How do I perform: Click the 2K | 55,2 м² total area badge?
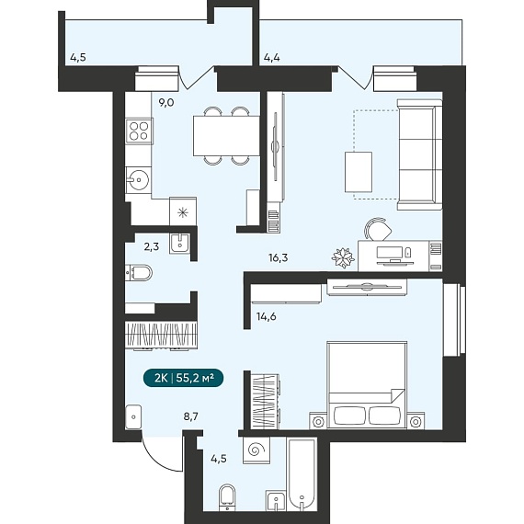click(x=183, y=378)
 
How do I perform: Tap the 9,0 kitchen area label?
click(x=166, y=103)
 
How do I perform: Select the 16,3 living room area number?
click(x=278, y=257)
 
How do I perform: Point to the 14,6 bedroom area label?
click(x=267, y=316)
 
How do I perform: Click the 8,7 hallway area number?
click(x=191, y=416)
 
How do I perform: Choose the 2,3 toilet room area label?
click(x=152, y=247)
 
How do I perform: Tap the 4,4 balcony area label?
click(x=272, y=58)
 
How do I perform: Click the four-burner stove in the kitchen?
click(x=140, y=131)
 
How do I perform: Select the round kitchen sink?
click(x=138, y=180)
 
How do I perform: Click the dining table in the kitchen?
click(x=226, y=136)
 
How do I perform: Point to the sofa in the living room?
click(x=419, y=154)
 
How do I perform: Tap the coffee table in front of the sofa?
click(x=359, y=172)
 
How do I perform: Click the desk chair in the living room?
click(x=378, y=229)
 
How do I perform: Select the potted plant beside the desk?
click(x=343, y=257)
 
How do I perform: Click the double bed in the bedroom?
click(x=367, y=384)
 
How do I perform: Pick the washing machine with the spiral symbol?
click(x=256, y=450)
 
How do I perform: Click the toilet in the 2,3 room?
click(x=139, y=273)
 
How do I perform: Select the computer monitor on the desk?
click(x=390, y=254)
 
